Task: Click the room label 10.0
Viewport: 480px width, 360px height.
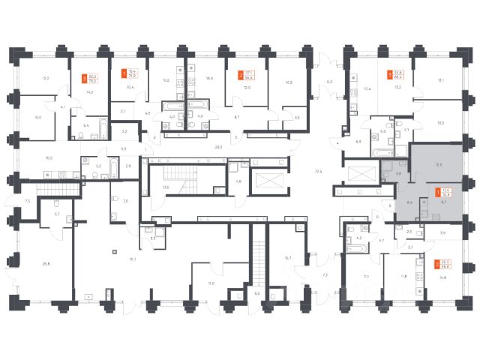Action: tap(38, 117)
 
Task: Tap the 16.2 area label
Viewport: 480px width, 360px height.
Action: tap(49, 158)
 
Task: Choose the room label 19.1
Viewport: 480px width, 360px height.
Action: tap(441, 80)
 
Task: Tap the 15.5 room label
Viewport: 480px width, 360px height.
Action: tap(441, 123)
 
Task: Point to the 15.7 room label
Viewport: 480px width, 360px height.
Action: tap(288, 259)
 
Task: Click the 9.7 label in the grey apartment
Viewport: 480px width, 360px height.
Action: tap(444, 202)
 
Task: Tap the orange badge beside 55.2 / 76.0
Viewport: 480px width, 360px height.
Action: tap(83, 76)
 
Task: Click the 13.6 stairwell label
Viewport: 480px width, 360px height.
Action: tap(166, 187)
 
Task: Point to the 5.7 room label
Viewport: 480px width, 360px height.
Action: tap(56, 214)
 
